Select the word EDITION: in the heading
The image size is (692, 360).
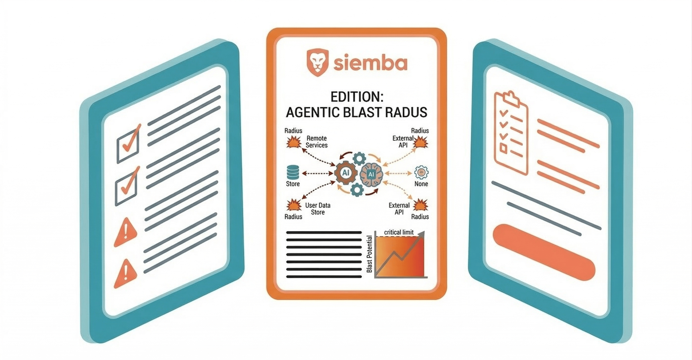pyautogui.click(x=357, y=96)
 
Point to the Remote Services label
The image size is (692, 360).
pyautogui.click(x=317, y=142)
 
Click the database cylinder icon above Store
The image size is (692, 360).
pyautogui.click(x=293, y=172)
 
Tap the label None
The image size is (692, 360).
pyautogui.click(x=421, y=184)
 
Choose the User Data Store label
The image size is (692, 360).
pyautogui.click(x=318, y=209)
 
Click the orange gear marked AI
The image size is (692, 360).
pyautogui.click(x=346, y=173)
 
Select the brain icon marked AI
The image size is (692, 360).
pyautogui.click(x=371, y=174)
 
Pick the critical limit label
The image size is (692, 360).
pyautogui.click(x=399, y=232)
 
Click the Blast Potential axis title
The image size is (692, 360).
pyautogui.click(x=369, y=254)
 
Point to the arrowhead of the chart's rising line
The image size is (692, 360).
pyautogui.click(x=421, y=234)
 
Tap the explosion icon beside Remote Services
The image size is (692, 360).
pyautogui.click(x=294, y=142)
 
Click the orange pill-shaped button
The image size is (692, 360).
pyautogui.click(x=544, y=252)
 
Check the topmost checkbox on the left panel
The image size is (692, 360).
pyautogui.click(x=128, y=144)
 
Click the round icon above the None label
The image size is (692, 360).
pyautogui.click(x=421, y=172)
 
